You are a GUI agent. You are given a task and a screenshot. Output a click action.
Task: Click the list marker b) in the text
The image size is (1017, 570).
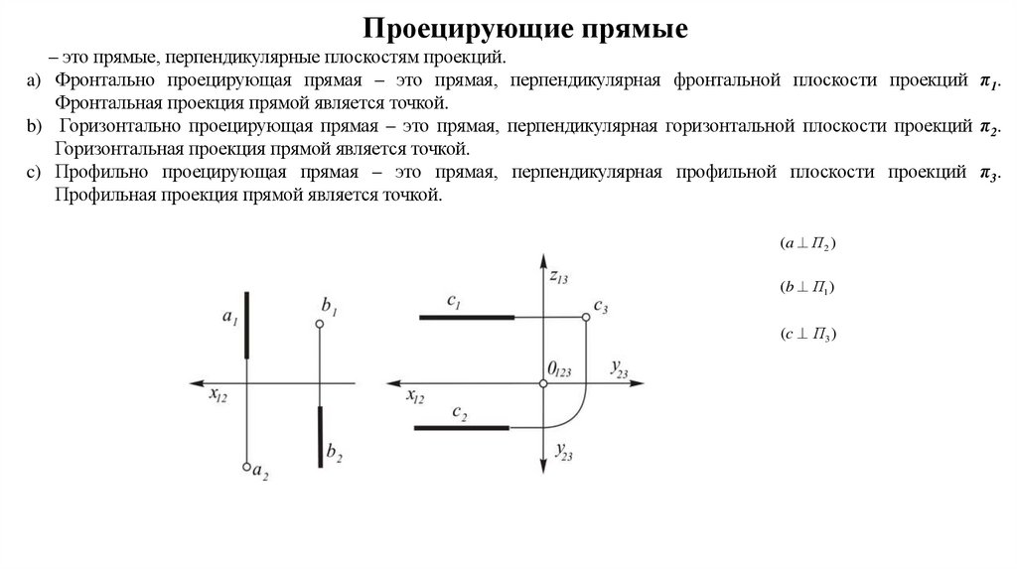point(34,128)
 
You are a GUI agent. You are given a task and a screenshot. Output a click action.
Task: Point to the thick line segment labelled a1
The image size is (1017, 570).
point(245,325)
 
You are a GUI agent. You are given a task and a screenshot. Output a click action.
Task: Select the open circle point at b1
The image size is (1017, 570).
point(319,325)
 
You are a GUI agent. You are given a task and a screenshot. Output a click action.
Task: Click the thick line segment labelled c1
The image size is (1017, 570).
point(467,317)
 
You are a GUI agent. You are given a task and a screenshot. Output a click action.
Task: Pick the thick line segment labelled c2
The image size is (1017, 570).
point(461,428)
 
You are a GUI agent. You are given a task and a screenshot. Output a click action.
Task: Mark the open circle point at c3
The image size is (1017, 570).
point(586,317)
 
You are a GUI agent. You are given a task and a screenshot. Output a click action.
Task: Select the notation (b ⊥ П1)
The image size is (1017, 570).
point(806,288)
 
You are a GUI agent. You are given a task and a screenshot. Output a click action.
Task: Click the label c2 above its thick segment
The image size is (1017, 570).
point(459,411)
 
